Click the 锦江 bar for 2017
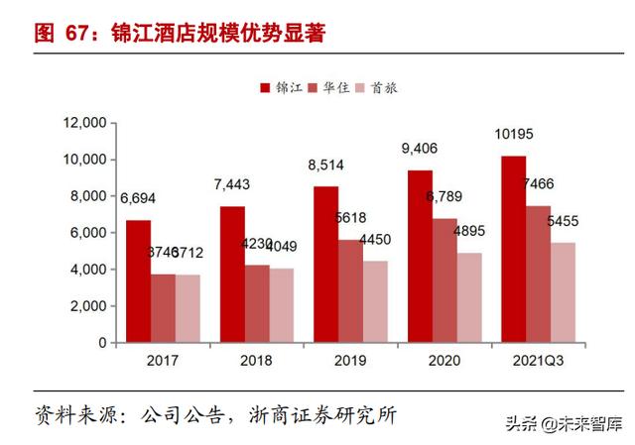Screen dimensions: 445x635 tap(138, 281)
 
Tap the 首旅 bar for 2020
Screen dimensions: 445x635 tap(470, 297)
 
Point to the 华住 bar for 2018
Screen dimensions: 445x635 tap(257, 303)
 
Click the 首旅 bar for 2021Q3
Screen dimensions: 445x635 tap(563, 292)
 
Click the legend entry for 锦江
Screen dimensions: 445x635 tap(279, 87)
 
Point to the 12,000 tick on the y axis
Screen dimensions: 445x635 tap(84, 123)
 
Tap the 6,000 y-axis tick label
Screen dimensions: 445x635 tap(87, 233)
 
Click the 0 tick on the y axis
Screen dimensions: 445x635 tap(101, 342)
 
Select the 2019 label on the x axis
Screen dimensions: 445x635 tap(350, 361)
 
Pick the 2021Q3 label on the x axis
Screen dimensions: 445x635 tap(537, 361)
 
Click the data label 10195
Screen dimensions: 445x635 tap(514, 133)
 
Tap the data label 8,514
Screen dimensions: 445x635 tap(326, 165)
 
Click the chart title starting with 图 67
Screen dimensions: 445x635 tap(180, 32)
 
